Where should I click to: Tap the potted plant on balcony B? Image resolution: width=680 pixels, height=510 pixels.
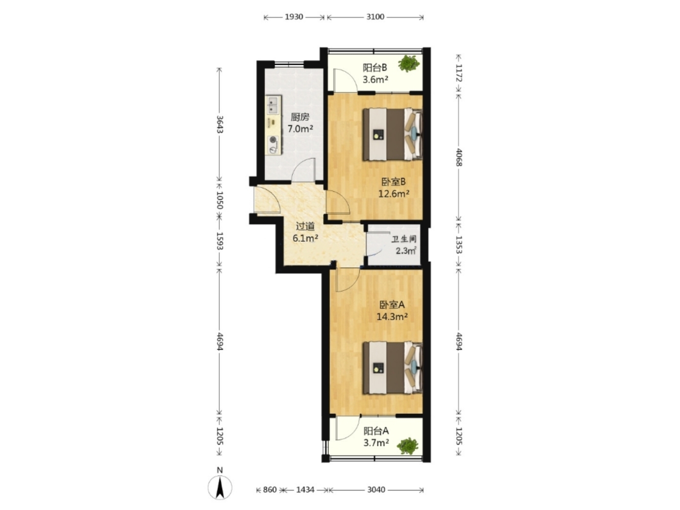(x=409, y=63)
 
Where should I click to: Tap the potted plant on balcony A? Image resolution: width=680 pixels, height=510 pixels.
(x=408, y=445)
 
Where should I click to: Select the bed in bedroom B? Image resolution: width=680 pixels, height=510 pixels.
(x=392, y=134)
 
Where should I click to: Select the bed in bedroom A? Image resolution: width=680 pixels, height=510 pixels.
(x=392, y=368)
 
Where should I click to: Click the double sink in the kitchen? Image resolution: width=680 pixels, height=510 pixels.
(x=56, y=105)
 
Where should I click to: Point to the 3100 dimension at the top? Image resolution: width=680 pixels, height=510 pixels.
(x=375, y=17)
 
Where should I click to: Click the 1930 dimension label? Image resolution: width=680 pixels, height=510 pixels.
(x=293, y=17)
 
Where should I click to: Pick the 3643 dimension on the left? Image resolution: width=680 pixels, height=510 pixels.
(x=219, y=124)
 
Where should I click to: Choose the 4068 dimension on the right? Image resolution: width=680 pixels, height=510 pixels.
(x=459, y=157)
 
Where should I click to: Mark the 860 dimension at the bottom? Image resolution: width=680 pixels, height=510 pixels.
(x=269, y=490)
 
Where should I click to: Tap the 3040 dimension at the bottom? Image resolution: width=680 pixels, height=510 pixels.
(x=376, y=490)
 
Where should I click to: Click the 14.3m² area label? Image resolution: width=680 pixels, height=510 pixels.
(x=392, y=317)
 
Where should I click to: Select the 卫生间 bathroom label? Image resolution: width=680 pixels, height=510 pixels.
(x=404, y=239)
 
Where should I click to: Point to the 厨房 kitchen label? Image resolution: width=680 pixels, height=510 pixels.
(x=299, y=117)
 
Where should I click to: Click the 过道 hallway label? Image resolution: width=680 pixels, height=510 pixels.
(x=305, y=226)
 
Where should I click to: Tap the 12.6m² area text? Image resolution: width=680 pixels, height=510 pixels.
(x=393, y=193)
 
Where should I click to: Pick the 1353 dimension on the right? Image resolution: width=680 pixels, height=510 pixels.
(x=459, y=245)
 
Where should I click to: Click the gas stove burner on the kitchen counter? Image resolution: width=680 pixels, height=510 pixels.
(x=56, y=140)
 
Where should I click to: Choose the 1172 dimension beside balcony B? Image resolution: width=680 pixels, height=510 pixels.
(x=459, y=73)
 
